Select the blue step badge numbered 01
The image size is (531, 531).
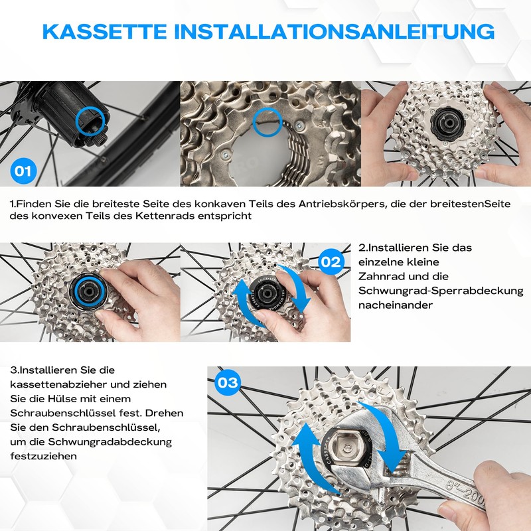[x=23, y=171]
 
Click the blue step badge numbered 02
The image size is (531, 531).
[x=330, y=261]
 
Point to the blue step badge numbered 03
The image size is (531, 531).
[x=228, y=382]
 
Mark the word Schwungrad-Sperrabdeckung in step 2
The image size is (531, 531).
[x=441, y=291]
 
